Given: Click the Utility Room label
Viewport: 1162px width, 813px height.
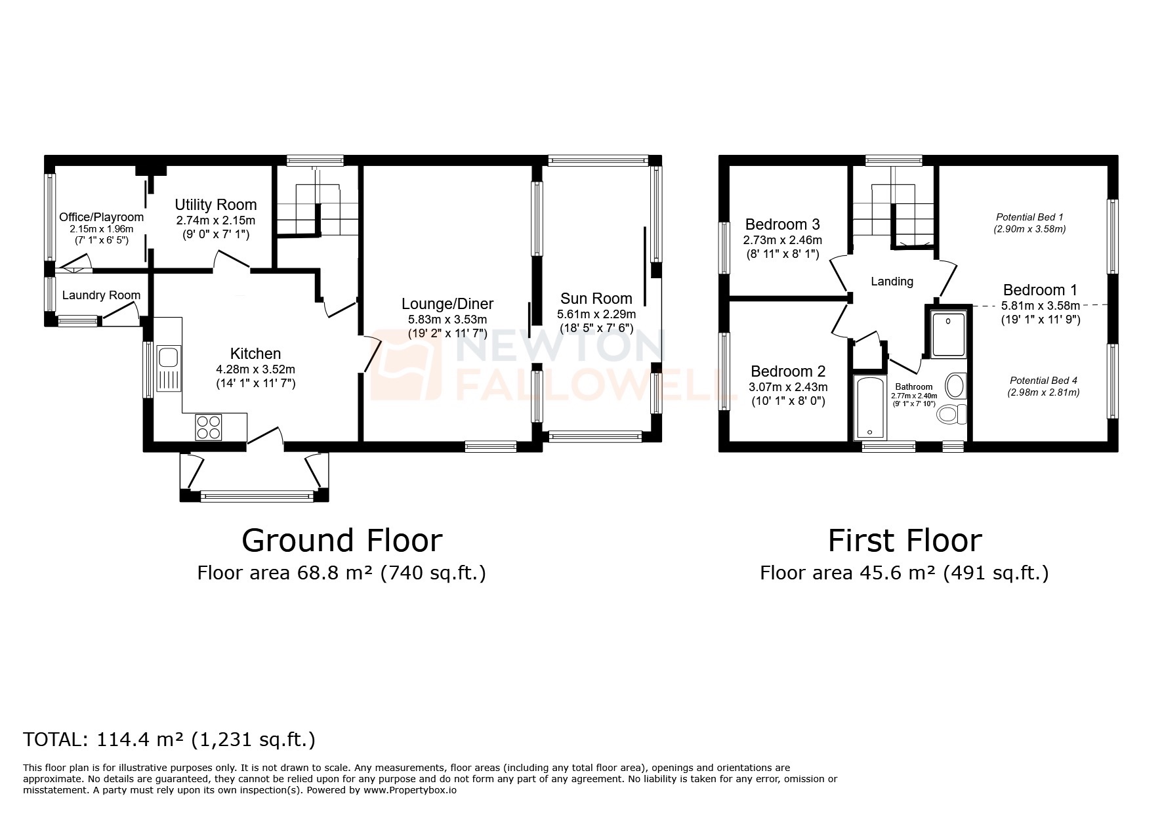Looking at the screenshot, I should click(215, 205).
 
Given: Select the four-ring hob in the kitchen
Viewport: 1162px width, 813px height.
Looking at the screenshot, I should click(209, 427).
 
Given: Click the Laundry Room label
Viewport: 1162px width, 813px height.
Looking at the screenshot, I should click(101, 295).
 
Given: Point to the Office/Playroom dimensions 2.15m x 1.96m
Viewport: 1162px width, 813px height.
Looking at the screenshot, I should click(102, 229).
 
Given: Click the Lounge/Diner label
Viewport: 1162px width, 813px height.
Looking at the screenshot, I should click(447, 304).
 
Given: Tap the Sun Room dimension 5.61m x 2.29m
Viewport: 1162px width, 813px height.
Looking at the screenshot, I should click(596, 314).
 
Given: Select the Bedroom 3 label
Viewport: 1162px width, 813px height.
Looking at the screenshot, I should click(782, 224).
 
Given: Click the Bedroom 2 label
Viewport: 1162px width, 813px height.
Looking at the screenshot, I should click(788, 371).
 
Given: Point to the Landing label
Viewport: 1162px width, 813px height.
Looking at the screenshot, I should click(892, 281).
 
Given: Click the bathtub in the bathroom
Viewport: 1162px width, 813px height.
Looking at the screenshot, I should click(869, 408).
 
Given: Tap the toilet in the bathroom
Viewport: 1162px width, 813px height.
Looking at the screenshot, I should click(952, 414).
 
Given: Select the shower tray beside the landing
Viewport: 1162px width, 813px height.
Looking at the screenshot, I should click(948, 335).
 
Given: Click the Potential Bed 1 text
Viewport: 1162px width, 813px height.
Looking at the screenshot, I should click(1029, 217).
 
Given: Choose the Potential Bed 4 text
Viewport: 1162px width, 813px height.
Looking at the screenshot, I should click(1043, 381).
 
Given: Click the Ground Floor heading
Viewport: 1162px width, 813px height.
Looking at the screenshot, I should click(342, 541).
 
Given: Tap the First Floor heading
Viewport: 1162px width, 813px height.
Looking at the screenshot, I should click(904, 541).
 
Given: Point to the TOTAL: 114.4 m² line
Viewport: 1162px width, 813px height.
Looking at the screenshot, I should click(169, 740).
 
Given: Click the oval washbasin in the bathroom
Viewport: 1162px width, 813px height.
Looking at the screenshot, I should click(956, 386).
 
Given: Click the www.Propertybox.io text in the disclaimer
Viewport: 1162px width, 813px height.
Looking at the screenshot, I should click(410, 790).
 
